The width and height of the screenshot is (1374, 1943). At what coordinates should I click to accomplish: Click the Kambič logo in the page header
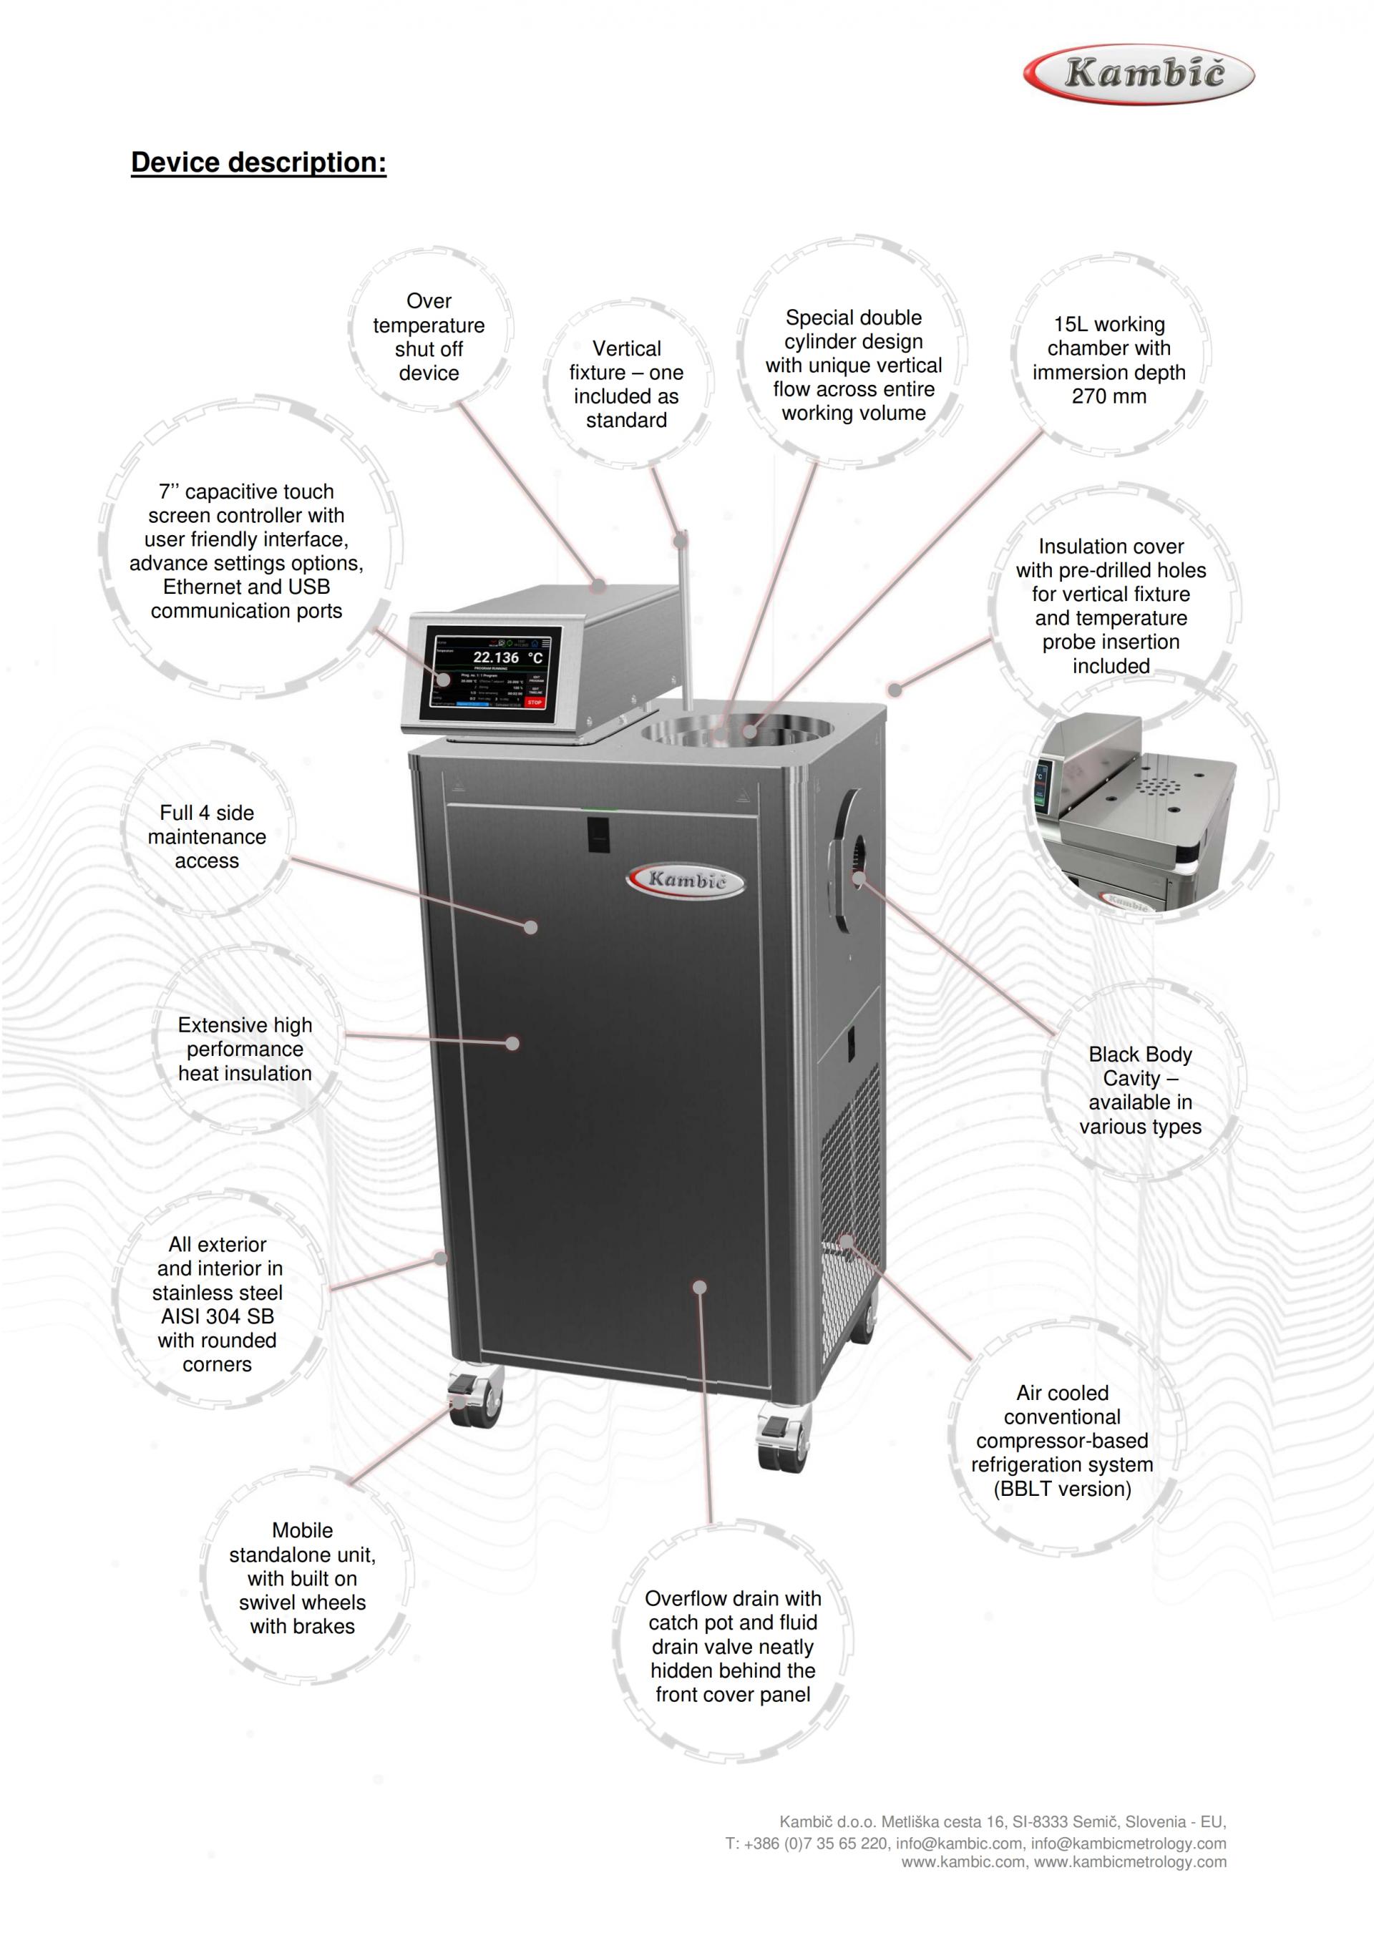(x=1139, y=74)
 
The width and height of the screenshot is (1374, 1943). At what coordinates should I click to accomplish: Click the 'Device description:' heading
(x=258, y=162)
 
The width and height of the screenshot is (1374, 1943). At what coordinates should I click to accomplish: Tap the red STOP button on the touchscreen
(x=534, y=702)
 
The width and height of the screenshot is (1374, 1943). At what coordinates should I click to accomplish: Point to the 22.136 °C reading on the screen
(x=506, y=657)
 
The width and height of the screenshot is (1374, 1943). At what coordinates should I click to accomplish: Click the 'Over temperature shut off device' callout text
(x=429, y=337)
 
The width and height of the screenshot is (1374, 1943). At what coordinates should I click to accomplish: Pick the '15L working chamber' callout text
(x=1109, y=360)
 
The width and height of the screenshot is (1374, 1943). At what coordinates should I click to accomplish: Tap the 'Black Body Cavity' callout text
(x=1139, y=1090)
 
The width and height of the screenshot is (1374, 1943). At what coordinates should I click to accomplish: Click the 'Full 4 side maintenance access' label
(x=207, y=836)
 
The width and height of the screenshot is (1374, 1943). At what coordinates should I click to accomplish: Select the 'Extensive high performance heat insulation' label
(x=245, y=1049)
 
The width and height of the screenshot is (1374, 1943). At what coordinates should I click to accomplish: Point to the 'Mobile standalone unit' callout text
(x=302, y=1577)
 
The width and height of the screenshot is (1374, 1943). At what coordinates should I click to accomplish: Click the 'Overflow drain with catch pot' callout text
(x=732, y=1646)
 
